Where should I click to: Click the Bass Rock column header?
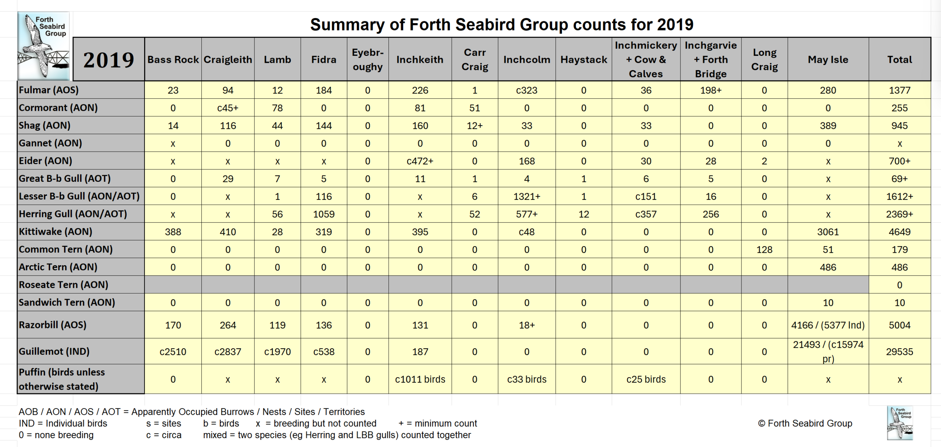(x=173, y=60)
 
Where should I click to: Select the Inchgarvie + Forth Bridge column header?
(x=711, y=60)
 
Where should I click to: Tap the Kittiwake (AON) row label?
(x=56, y=232)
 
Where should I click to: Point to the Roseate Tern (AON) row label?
(x=63, y=285)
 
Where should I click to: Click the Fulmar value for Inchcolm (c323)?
(x=526, y=90)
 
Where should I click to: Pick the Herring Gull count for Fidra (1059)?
(x=323, y=214)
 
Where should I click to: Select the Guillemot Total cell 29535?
(x=899, y=352)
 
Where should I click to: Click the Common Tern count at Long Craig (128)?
(x=764, y=250)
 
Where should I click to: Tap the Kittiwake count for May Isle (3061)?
(x=828, y=232)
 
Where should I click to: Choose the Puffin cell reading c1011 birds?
(x=420, y=379)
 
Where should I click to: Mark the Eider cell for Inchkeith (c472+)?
(x=420, y=161)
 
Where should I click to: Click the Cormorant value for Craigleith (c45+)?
(x=228, y=108)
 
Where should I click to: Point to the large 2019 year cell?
(x=108, y=60)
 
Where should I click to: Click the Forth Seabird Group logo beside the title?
(x=43, y=46)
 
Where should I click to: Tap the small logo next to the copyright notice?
(x=899, y=423)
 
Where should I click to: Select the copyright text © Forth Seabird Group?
(x=805, y=423)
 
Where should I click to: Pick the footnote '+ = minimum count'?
(x=437, y=423)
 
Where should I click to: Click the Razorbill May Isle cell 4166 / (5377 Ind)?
(x=828, y=325)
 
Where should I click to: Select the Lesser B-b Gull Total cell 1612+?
(x=899, y=197)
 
